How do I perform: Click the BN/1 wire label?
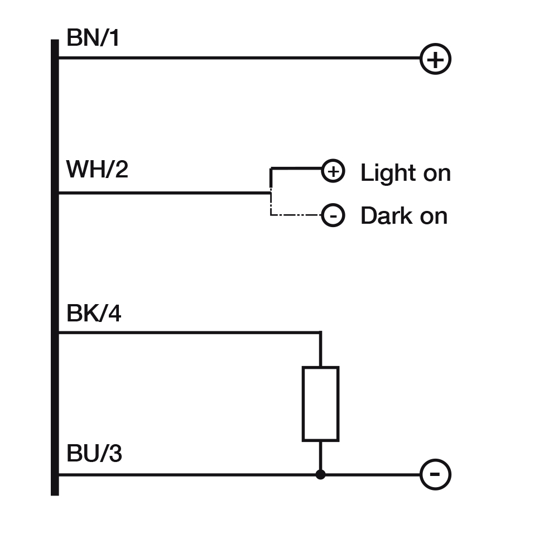pos(93,39)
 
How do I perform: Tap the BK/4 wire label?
pos(94,314)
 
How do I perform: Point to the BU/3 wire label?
pos(94,454)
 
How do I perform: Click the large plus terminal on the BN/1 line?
pos(435,59)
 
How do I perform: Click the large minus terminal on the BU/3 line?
pos(435,474)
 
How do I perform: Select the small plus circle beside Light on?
pos(333,171)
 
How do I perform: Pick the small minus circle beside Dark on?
pos(333,215)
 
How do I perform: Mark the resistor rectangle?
pos(320,403)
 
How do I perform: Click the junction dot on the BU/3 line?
pos(320,474)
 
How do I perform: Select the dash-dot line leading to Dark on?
pos(296,215)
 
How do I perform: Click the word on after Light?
pos(436,174)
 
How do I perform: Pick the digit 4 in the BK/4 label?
pos(114,314)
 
